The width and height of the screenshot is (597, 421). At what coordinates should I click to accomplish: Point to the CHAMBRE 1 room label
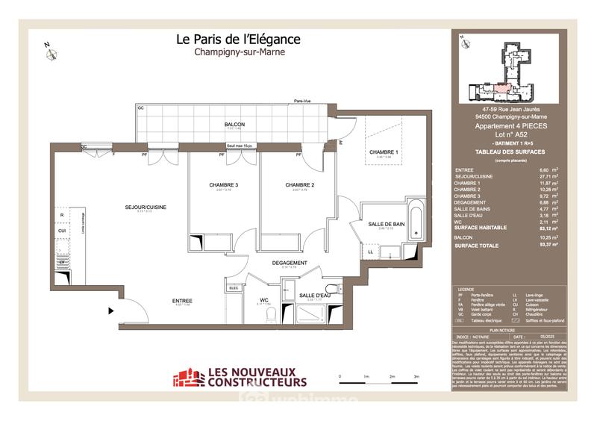point(384,152)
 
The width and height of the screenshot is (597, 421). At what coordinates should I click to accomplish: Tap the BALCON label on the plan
point(235,125)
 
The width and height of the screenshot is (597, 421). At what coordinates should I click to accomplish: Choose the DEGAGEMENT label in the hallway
point(290,263)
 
